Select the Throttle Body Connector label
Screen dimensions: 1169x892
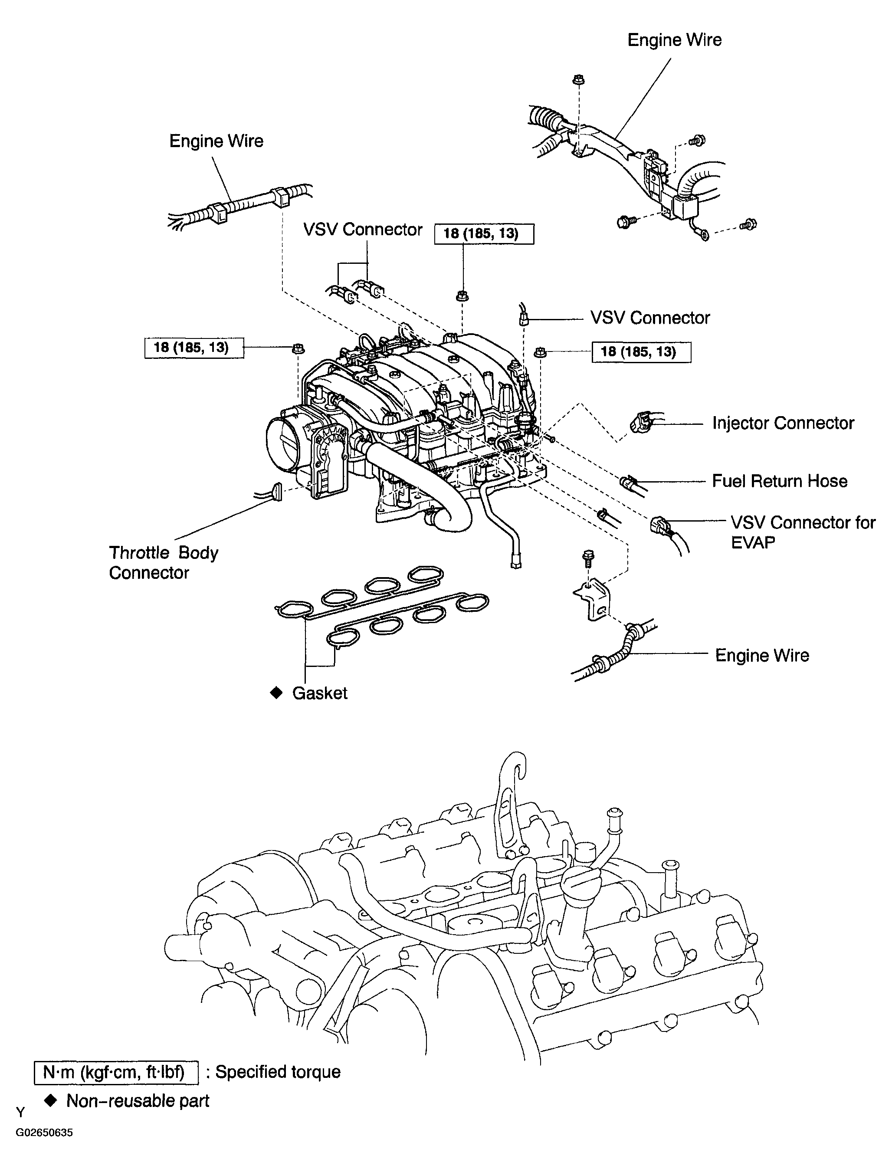point(163,562)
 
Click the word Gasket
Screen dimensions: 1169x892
point(320,693)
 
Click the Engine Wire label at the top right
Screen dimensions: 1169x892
point(674,40)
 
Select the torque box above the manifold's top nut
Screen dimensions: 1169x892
point(484,234)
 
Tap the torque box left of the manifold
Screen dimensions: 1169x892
point(194,348)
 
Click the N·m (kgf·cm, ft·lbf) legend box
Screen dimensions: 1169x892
point(116,1072)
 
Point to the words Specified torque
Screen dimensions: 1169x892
point(277,1072)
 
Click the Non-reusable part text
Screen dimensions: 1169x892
point(138,1101)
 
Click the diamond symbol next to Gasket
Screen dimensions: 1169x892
point(276,693)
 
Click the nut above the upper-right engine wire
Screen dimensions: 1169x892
point(579,81)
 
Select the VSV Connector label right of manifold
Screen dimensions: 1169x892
point(649,318)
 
